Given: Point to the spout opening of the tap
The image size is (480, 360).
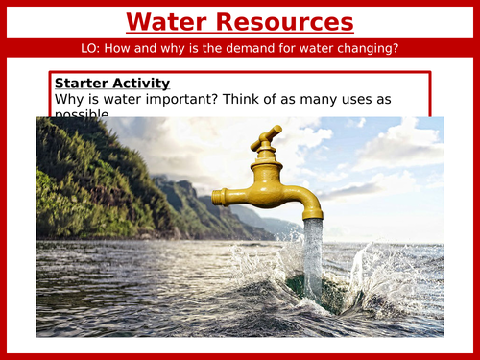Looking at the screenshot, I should tap(313, 220).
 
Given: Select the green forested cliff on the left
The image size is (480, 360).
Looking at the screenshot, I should tap(86, 182).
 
